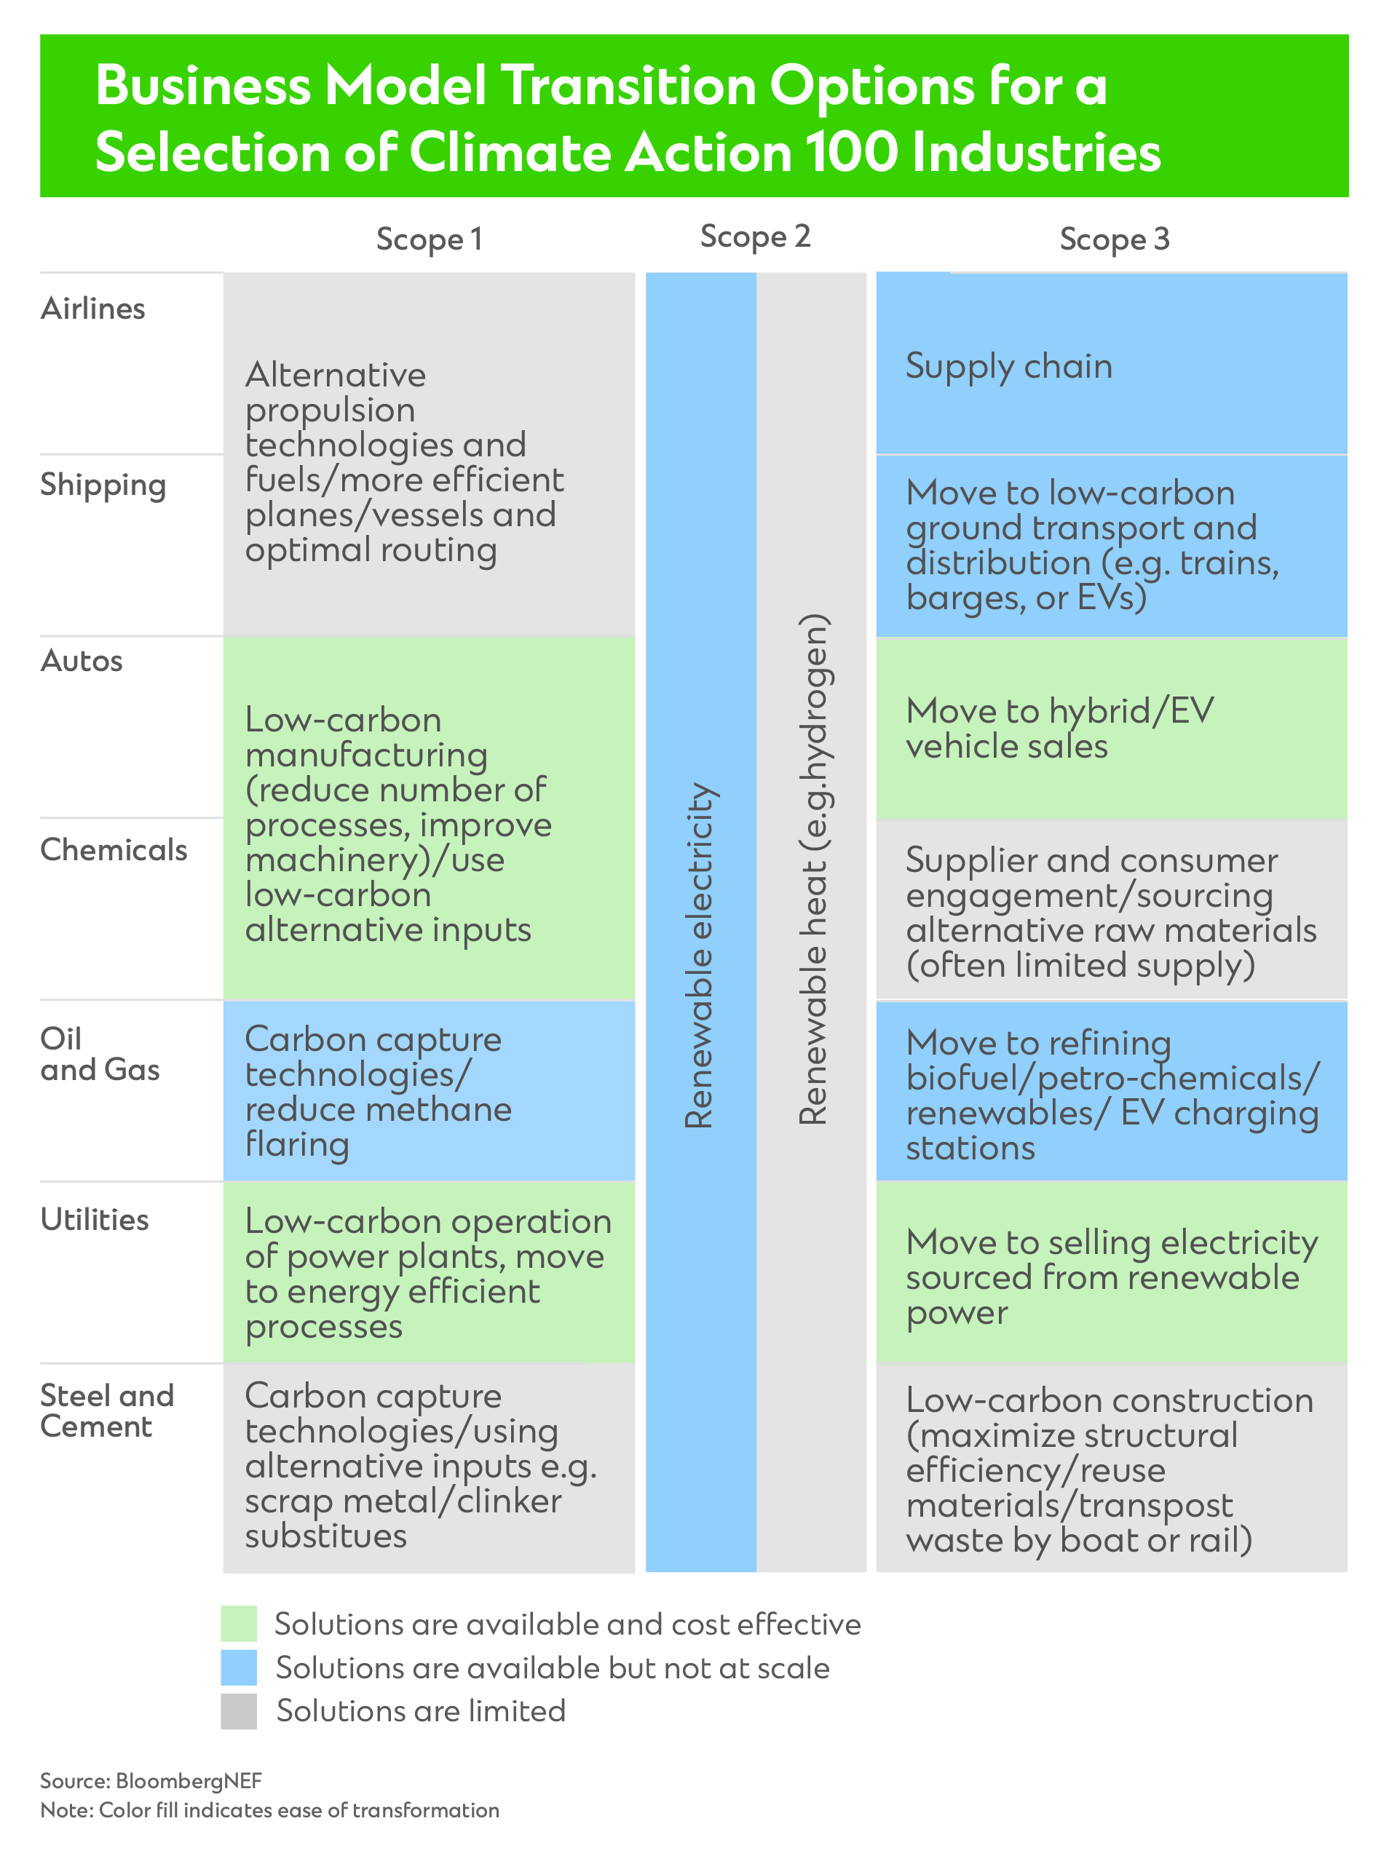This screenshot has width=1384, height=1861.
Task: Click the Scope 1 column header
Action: (429, 239)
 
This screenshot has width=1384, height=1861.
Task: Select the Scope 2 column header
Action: (755, 237)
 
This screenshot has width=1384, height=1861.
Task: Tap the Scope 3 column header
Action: (1113, 239)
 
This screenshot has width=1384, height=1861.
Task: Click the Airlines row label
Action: (93, 309)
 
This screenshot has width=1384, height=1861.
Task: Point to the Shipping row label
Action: (103, 485)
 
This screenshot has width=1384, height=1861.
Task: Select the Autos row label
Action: (82, 661)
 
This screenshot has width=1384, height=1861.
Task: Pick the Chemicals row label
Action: (114, 850)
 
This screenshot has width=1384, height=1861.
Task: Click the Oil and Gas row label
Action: (100, 1055)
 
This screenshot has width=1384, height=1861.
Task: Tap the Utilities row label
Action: (95, 1220)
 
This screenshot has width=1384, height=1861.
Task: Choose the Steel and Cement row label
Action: (107, 1411)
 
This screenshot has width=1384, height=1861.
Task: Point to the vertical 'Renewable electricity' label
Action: (700, 955)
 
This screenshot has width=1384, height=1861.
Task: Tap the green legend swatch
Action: (239, 1624)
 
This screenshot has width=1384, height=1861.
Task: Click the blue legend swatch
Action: (239, 1667)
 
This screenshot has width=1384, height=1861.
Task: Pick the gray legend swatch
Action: (239, 1710)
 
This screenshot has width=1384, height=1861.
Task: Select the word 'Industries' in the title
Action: (1035, 154)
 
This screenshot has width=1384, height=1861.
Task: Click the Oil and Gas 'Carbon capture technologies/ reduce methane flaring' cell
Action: (429, 1090)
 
